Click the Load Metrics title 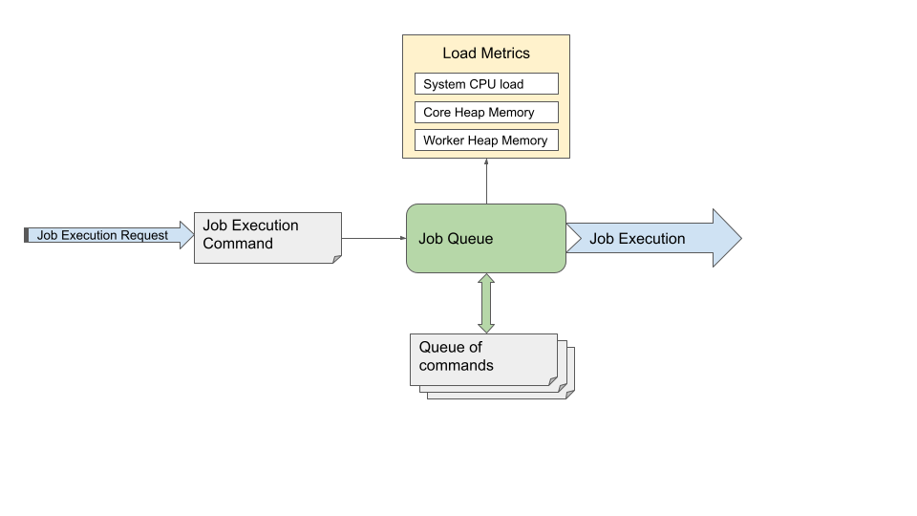tap(485, 54)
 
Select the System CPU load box tap(486, 84)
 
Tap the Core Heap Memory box tap(486, 113)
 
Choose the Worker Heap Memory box tap(486, 140)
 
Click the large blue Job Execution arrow tap(650, 238)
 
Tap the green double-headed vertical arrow tap(486, 303)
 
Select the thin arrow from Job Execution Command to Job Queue tap(373, 238)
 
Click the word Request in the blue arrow tap(144, 235)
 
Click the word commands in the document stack tap(457, 366)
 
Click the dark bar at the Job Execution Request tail tap(27, 235)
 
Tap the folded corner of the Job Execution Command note tap(335, 257)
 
